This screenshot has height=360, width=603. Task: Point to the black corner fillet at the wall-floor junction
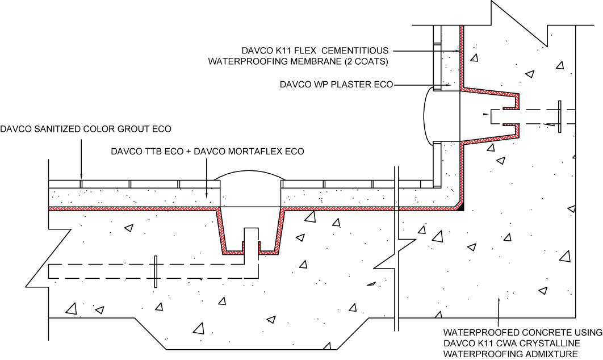click(x=460, y=207)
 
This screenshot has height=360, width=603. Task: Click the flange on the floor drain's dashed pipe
click(x=156, y=271)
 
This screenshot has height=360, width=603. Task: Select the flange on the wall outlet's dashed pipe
click(x=559, y=116)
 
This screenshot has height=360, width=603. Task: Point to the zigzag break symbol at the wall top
click(x=519, y=23)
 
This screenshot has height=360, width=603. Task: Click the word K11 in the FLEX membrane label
click(x=282, y=51)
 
